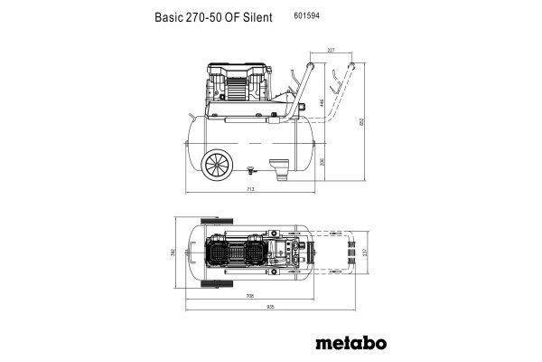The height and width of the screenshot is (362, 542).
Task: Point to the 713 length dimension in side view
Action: (250, 189)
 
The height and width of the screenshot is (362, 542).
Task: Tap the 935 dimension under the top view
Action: (271, 306)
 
